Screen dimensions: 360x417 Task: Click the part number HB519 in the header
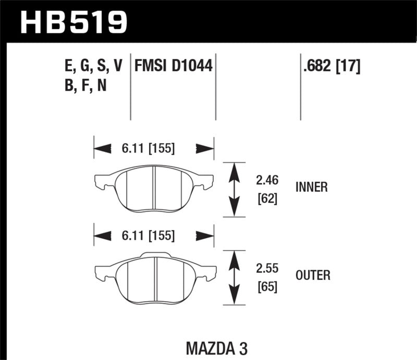coord(73,21)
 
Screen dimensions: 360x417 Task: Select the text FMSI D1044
coord(175,66)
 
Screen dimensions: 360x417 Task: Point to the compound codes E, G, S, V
coord(92,66)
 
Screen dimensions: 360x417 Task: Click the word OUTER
coord(312,275)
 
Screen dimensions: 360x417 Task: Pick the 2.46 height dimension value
coord(267,181)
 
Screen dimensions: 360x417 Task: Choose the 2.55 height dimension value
coord(267,269)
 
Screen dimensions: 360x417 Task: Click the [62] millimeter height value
coord(267,198)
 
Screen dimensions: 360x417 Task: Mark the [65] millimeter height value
coord(267,287)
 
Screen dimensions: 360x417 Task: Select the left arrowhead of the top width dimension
coord(102,149)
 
